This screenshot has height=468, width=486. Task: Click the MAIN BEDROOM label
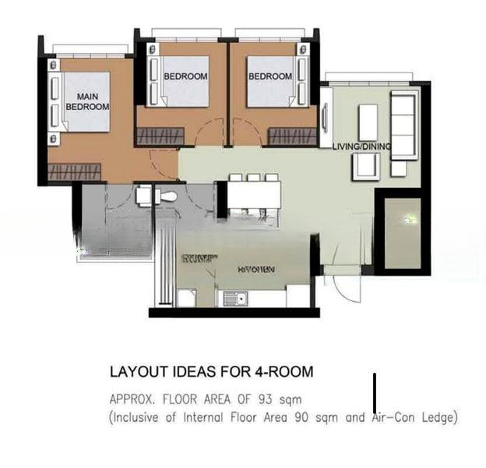point(87,101)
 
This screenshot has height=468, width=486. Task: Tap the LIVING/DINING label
point(361,147)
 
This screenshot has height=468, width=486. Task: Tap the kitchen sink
point(233,298)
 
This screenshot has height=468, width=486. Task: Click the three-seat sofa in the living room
point(403,115)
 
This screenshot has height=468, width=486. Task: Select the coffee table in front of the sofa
point(368,122)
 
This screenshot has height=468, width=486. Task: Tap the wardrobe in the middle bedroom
point(160,136)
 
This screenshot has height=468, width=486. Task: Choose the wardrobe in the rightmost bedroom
point(292,136)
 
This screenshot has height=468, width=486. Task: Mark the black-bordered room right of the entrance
point(402,232)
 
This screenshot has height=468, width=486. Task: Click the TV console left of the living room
point(326,116)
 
